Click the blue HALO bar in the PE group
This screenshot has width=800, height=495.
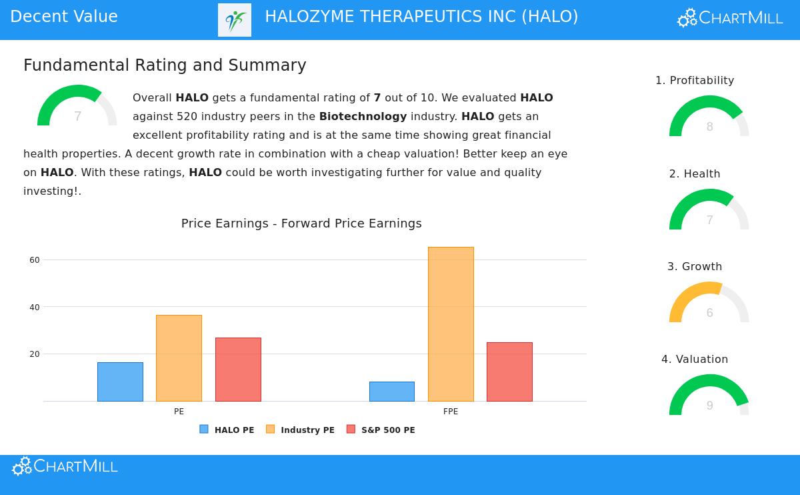tap(120, 382)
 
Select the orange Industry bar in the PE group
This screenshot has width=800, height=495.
tap(179, 358)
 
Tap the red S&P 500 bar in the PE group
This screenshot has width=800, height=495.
tap(238, 370)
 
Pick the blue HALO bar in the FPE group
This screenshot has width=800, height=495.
tap(392, 392)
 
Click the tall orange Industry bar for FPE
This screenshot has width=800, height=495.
tap(451, 324)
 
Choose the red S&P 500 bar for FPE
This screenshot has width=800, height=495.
tap(509, 372)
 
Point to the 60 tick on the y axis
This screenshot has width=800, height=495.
tap(35, 260)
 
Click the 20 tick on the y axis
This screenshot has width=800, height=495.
tap(35, 354)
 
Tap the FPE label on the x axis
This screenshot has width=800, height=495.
tap(451, 412)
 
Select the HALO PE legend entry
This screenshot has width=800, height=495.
tap(227, 430)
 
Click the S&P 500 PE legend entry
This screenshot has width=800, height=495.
tap(381, 430)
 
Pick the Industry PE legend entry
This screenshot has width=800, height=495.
tap(300, 430)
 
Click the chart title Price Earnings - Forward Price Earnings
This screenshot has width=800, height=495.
tap(301, 223)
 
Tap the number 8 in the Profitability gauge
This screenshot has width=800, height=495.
tap(709, 127)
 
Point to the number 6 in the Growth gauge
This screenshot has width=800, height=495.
tap(709, 313)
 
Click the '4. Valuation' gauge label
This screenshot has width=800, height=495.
tap(695, 360)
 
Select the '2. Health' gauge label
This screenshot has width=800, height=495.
tap(695, 174)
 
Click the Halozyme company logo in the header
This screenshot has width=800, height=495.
tap(235, 20)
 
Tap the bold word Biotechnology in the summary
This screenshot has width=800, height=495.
tap(363, 117)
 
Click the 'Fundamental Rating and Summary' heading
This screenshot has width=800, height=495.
tap(165, 65)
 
